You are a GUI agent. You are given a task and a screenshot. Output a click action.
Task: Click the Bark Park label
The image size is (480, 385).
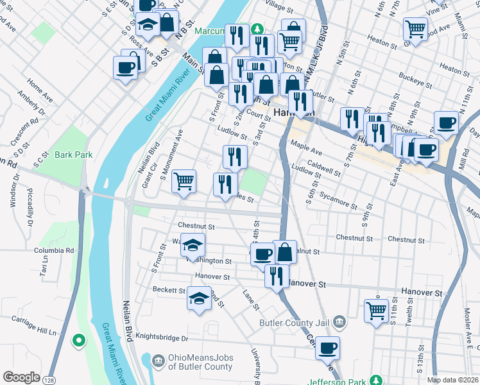(x=74, y=155)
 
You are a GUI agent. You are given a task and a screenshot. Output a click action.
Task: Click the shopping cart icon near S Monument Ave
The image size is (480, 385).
(x=184, y=180)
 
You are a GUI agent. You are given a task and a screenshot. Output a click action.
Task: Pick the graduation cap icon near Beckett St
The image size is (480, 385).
(x=199, y=298)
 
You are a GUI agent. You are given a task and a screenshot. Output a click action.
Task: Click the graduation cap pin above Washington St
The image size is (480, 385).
(x=192, y=244)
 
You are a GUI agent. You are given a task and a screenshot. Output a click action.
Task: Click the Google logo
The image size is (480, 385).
(x=21, y=377)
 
